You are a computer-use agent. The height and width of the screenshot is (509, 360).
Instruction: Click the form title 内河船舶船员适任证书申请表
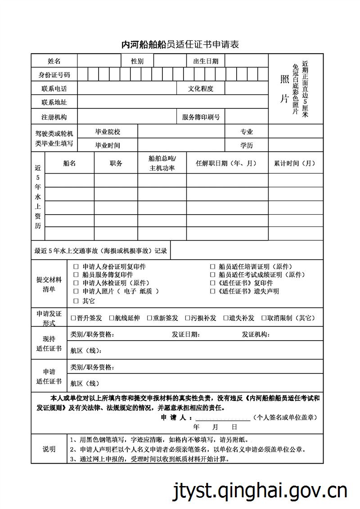pyautogui.click(x=180, y=44)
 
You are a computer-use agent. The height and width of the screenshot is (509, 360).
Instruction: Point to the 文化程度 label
pyautogui.click(x=201, y=89)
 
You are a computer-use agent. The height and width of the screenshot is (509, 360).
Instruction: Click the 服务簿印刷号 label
pyautogui.click(x=201, y=117)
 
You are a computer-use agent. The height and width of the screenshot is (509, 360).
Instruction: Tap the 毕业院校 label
pyautogui.click(x=108, y=132)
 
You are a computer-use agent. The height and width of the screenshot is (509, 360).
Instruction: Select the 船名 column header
pyautogui.click(x=70, y=163)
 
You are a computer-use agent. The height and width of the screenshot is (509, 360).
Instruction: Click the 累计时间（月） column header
pyautogui.click(x=295, y=163)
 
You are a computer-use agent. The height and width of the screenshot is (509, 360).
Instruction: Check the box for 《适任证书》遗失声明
pyautogui.click(x=213, y=291)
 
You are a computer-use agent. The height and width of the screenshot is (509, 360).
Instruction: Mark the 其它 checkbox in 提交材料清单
pyautogui.click(x=76, y=301)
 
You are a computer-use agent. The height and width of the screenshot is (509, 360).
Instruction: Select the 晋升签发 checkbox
pyautogui.click(x=73, y=318)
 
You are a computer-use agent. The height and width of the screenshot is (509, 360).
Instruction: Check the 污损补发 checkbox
pyautogui.click(x=188, y=318)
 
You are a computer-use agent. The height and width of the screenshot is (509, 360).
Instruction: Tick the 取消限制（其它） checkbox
pyautogui.click(x=264, y=318)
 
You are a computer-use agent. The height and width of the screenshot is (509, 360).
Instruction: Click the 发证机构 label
pyautogui.click(x=256, y=334)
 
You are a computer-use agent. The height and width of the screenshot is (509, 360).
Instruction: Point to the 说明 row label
pyautogui.click(x=49, y=449)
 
